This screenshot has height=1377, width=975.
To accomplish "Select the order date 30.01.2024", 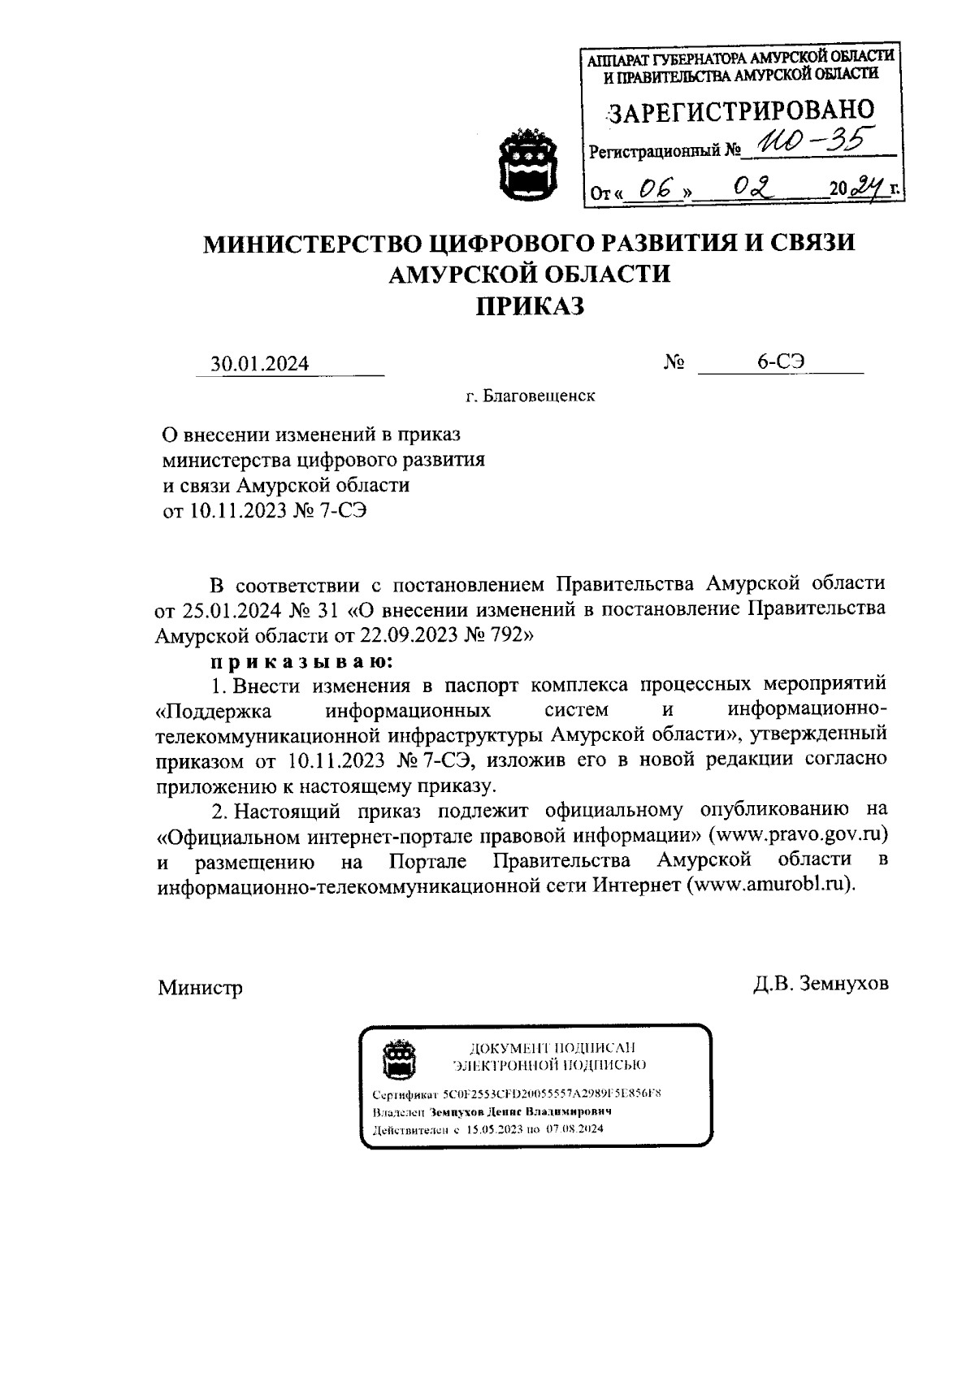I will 260,363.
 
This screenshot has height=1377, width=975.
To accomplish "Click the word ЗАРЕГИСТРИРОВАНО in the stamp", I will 742,111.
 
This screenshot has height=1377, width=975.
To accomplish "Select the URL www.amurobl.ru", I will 772,885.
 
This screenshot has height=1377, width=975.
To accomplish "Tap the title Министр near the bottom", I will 200,988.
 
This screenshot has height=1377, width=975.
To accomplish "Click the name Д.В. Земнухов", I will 821,984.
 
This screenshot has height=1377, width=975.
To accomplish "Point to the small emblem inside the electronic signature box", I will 399,1058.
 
